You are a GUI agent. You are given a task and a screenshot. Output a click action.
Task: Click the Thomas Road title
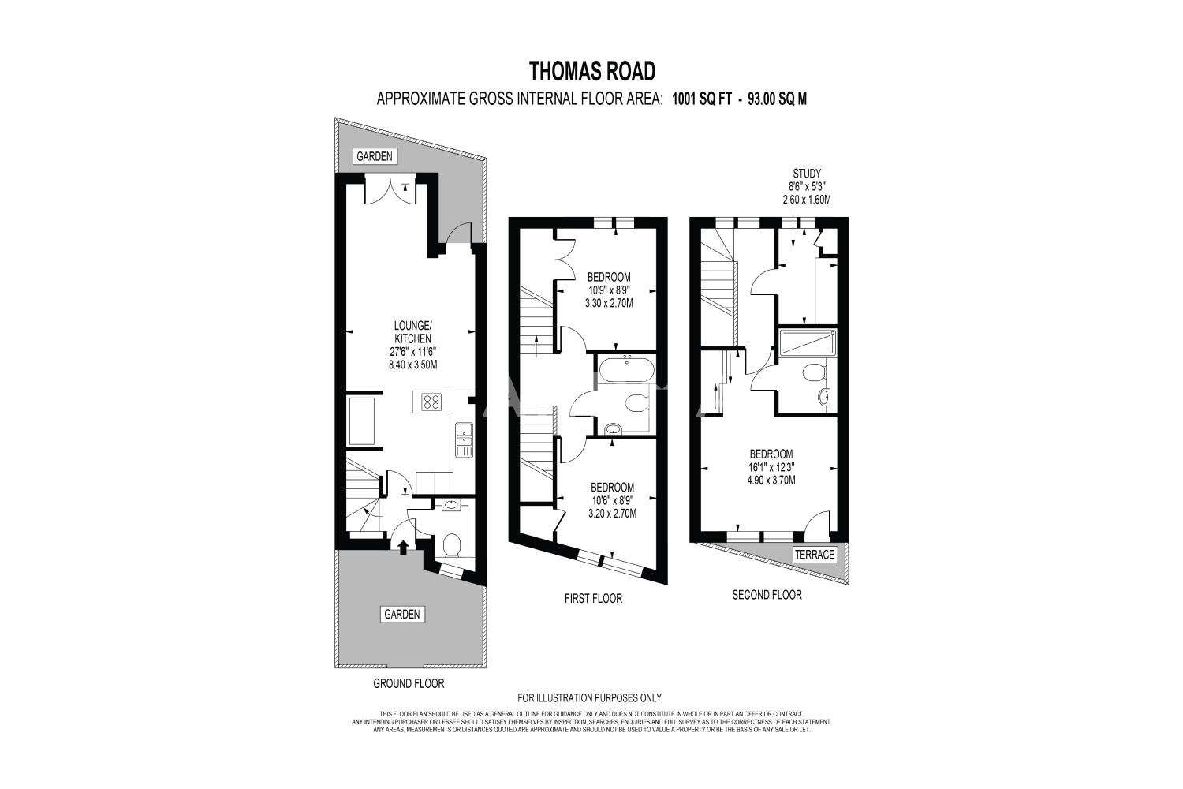(x=591, y=71)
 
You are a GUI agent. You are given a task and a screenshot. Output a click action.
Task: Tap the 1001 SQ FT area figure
(x=702, y=99)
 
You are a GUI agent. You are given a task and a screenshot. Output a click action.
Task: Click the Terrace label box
(x=815, y=555)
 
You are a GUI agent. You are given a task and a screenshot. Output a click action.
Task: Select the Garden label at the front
(x=402, y=614)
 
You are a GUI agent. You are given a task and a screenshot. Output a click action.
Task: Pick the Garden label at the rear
(x=375, y=156)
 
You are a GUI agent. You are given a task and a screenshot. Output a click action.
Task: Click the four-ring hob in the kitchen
(x=431, y=402)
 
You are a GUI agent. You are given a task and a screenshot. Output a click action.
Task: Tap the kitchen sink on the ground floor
(x=465, y=439)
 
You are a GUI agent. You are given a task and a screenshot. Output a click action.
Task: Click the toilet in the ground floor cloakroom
(x=452, y=545)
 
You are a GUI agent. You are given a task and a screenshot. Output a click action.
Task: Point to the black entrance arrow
(x=403, y=547)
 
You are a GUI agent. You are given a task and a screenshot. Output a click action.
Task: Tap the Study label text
(x=807, y=174)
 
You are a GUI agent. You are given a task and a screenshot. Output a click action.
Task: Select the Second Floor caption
(x=767, y=595)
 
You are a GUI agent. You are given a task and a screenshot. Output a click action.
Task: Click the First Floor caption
(x=594, y=598)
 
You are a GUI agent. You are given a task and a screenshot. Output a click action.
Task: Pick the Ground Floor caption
(x=409, y=683)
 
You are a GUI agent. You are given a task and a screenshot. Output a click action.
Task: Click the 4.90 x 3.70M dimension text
(x=771, y=481)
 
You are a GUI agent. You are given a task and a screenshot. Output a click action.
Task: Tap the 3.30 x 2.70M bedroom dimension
(x=610, y=303)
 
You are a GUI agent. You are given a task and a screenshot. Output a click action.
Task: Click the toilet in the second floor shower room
(x=814, y=372)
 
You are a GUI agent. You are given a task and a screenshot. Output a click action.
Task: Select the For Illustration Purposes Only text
(x=589, y=697)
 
